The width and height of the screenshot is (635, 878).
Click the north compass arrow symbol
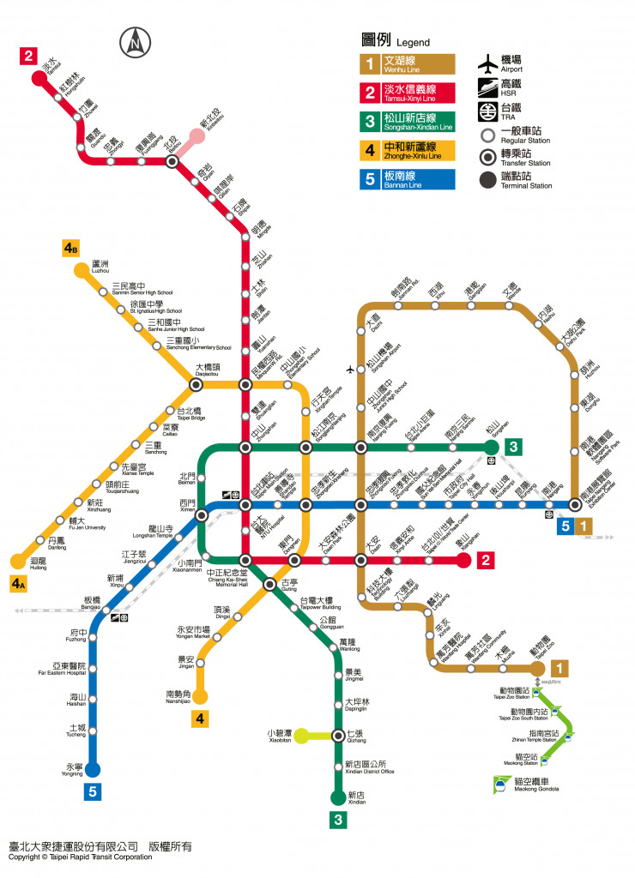point(136,40)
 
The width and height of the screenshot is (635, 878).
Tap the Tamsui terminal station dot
point(38,78)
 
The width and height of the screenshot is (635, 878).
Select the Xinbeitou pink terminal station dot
point(197,135)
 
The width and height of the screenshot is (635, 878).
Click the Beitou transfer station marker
point(172,160)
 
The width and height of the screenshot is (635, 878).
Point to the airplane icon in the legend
point(488,64)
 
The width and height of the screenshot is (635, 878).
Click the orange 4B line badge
point(71,249)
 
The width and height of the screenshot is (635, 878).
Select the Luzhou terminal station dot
point(81,271)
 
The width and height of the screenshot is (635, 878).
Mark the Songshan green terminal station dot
point(491,447)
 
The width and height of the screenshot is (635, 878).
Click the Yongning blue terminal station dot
point(93,769)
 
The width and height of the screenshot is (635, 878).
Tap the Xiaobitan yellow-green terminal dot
point(301,735)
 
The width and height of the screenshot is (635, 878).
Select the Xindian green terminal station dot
point(338,798)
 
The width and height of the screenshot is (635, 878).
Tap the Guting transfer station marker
point(269,584)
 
